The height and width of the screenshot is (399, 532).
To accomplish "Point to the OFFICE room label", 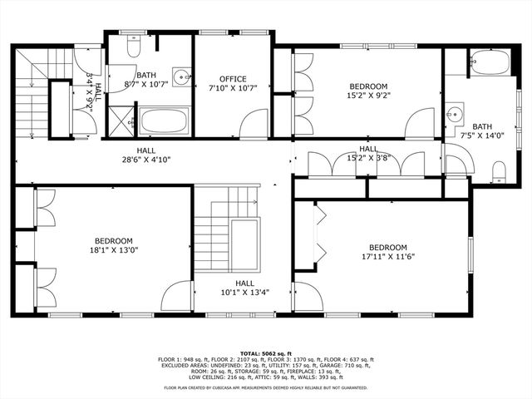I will pos(233,79).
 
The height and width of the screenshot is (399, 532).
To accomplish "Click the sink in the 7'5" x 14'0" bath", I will pos(454,113).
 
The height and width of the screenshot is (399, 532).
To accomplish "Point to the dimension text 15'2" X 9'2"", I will pos(368,96).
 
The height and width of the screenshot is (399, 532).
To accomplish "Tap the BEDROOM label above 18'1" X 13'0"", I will pos(109,240).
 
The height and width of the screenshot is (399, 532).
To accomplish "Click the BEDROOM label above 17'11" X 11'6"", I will pos(387,247).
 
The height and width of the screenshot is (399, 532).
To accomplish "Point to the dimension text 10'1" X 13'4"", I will pos(244,292).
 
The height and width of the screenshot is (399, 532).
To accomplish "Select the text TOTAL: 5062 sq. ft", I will pos(266,352).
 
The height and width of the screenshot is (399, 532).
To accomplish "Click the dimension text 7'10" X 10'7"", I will pos(233,88).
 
